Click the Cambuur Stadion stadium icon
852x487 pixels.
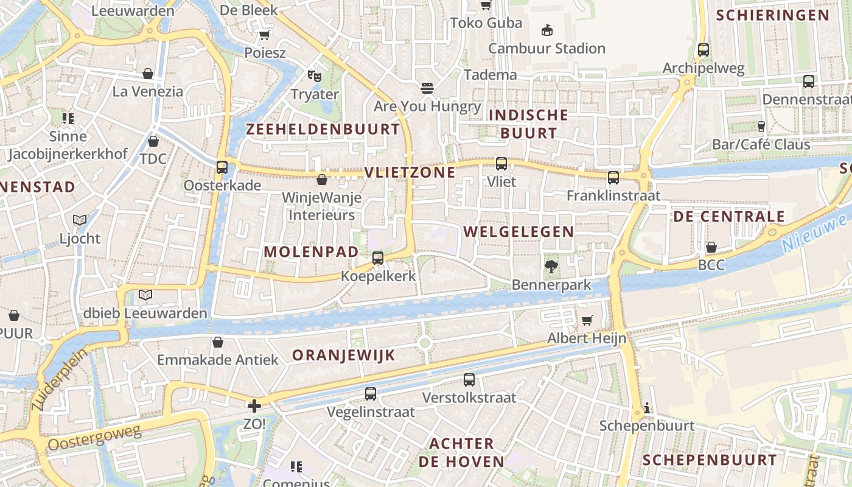coord(547,30)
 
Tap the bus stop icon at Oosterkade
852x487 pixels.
coord(222,167)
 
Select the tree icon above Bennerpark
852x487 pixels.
coord(551,266)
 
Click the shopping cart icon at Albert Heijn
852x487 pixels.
coord(587,320)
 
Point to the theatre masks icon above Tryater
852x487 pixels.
coord(314,76)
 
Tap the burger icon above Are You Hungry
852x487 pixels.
coord(427,88)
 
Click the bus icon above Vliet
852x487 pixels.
coord(501,163)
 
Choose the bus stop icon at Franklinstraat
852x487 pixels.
coord(613,178)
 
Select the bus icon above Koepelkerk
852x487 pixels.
coord(378,258)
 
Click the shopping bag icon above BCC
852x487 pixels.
coord(711,247)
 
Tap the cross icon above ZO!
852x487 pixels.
coord(254,405)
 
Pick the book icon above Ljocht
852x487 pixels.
coord(80,220)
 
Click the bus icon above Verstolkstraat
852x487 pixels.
coord(469,380)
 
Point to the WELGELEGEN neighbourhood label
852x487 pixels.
coord(519,231)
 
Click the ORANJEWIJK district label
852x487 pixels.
coord(344,356)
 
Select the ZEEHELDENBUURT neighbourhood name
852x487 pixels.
coord(323,129)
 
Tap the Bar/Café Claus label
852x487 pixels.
coord(761,145)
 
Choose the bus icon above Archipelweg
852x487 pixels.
coord(704,50)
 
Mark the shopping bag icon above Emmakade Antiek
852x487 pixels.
coord(218,342)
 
